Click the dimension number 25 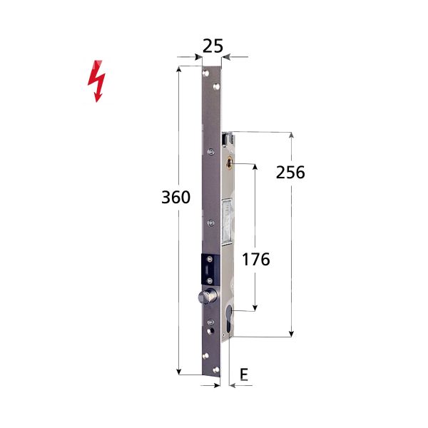(212, 46)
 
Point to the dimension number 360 (176, 198)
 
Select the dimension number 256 (290, 173)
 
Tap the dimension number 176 (255, 259)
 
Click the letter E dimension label (244, 374)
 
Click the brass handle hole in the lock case (229, 164)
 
